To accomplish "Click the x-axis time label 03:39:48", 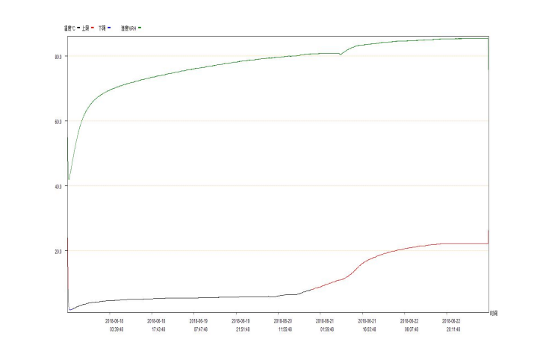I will (117, 329).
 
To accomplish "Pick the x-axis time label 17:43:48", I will (159, 329).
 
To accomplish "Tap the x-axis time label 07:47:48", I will (201, 329).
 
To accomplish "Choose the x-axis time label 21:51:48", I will (243, 329).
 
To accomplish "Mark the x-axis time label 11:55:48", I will (285, 329).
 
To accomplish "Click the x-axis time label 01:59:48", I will (326, 329).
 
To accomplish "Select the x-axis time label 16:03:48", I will (368, 329).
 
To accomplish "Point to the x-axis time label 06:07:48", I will (411, 329).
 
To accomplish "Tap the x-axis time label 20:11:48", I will (453, 329).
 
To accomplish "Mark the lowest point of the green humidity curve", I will (69, 180).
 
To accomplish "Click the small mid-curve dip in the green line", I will (341, 55).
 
